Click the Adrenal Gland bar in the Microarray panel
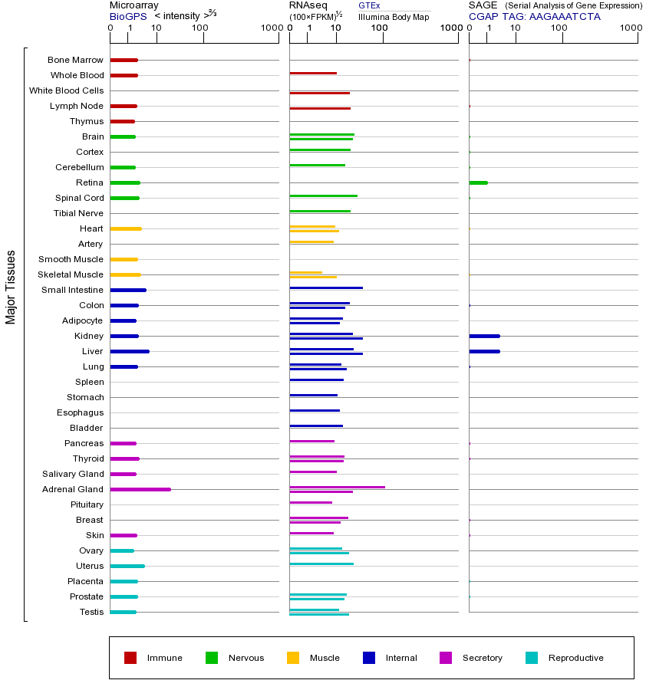[140, 489]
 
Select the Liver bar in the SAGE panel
[484, 351]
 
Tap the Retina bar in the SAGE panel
[478, 182]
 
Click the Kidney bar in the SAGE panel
[484, 336]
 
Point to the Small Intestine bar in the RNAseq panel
[326, 287]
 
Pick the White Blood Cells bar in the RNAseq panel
[319, 93]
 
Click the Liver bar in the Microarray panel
[130, 351]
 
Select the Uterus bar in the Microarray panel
[127, 566]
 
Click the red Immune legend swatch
[130, 658]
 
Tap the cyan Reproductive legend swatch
[532, 658]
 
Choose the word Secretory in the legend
[482, 658]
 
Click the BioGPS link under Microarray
[127, 16]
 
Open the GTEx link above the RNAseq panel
[369, 5]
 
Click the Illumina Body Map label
[394, 16]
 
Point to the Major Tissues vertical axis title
[11, 287]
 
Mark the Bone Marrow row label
[75, 60]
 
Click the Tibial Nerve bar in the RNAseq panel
[320, 211]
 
